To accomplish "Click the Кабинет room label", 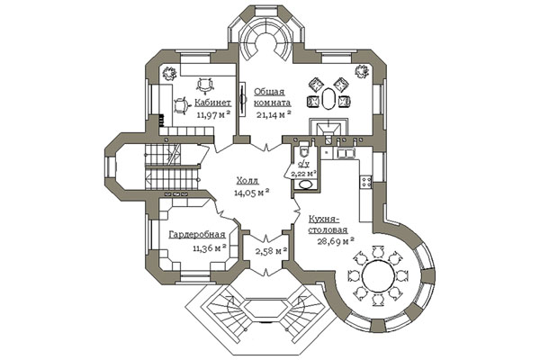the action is tap(212, 103).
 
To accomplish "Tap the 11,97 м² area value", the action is tap(213, 114).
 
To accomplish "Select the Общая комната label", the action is tap(273, 97).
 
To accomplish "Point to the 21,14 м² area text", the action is tap(274, 114).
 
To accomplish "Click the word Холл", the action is tap(247, 181).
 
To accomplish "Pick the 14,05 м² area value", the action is tap(251, 193).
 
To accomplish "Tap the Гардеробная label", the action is tap(197, 235).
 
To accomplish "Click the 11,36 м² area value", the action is tap(210, 247).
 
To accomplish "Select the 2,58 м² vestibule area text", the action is tap(272, 250).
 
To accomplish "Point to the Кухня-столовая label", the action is tap(328, 224).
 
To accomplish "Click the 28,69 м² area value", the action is tap(336, 241).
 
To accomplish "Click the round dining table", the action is tap(378, 275).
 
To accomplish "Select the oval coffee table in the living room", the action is tap(328, 98).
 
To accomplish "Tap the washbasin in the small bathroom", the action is tap(305, 184).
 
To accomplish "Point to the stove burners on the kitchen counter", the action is tap(365, 182).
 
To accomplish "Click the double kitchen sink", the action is tap(346, 153).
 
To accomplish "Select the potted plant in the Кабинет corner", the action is tap(169, 73).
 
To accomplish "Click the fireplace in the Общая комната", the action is tap(328, 127).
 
